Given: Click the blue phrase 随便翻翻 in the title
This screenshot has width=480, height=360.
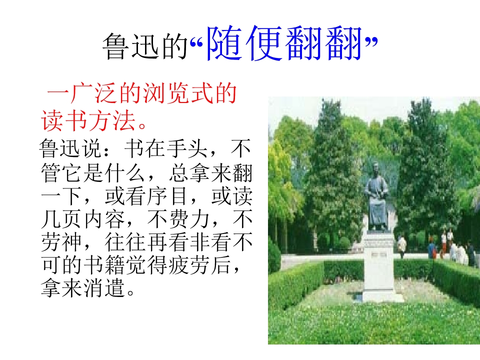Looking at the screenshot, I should [283, 44].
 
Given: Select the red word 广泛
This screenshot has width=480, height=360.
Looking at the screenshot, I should [88, 94].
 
